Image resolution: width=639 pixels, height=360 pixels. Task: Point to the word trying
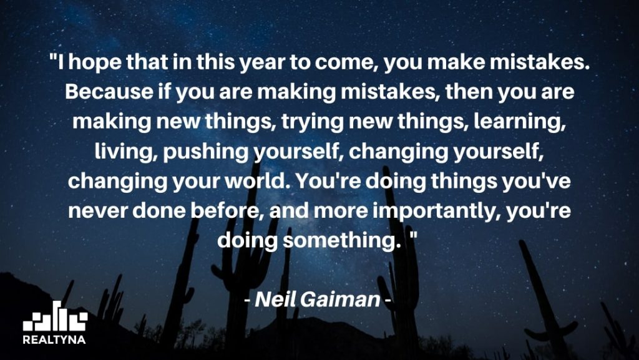coord(306,121)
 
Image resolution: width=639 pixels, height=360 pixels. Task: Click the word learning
coord(520,121)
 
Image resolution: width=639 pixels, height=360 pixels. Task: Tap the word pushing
coord(194,150)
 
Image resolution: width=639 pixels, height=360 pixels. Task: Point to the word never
coord(95,208)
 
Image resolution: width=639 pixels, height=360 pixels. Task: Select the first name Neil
coord(275,299)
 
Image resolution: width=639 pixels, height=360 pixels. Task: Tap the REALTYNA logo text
coord(54,340)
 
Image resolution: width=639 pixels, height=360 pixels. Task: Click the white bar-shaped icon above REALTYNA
coord(54,316)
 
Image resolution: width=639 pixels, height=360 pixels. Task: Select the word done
coord(162,208)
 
